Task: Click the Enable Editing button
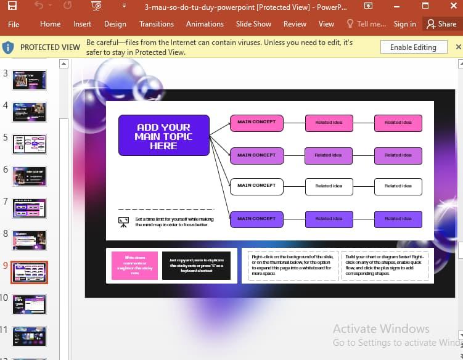pyautogui.click(x=413, y=47)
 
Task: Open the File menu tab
pyautogui.click(x=14, y=24)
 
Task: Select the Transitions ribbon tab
pyautogui.click(x=157, y=24)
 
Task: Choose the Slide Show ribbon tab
pyautogui.click(x=253, y=24)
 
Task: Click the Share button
pyautogui.click(x=441, y=24)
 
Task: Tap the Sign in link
pyautogui.click(x=404, y=24)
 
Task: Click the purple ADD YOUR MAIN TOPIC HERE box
pyautogui.click(x=163, y=136)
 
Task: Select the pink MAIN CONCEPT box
pyautogui.click(x=256, y=123)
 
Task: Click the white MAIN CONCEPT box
pyautogui.click(x=256, y=186)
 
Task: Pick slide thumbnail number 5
pyautogui.click(x=29, y=144)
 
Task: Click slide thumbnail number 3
pyautogui.click(x=29, y=80)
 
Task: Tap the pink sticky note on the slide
pyautogui.click(x=134, y=266)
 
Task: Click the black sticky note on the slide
pyautogui.click(x=196, y=266)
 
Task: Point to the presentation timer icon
pyautogui.click(x=123, y=222)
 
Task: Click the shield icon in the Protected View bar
pyautogui.click(x=8, y=47)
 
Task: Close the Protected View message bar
pyautogui.click(x=458, y=47)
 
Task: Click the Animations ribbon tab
pyautogui.click(x=205, y=24)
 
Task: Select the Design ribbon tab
pyautogui.click(x=115, y=24)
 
